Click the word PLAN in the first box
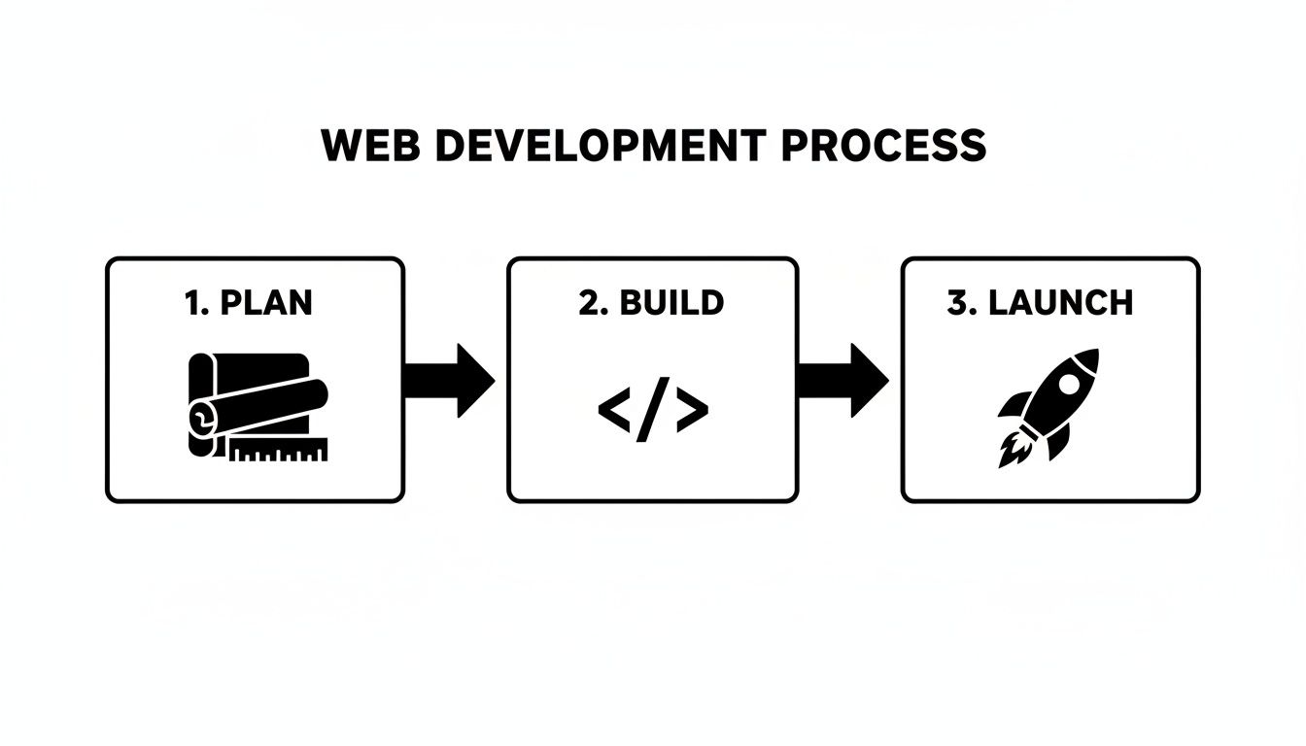click(x=267, y=303)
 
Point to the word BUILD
click(x=671, y=303)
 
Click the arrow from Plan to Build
click(x=449, y=379)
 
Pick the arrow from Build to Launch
click(x=842, y=379)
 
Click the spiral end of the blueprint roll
click(x=201, y=418)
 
